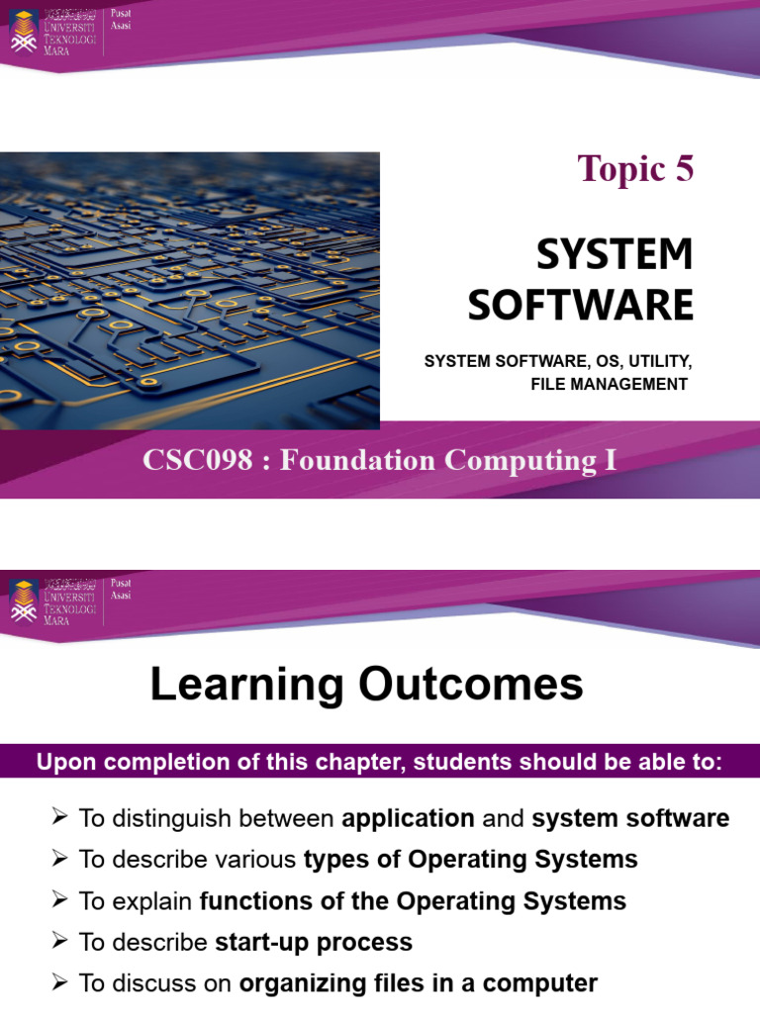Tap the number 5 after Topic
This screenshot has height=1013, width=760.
pos(685,170)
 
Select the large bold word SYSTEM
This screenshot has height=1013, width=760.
pos(615,255)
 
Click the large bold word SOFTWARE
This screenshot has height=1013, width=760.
pos(581,305)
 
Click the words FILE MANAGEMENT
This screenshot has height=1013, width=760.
pos(609,384)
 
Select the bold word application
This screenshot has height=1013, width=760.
pos(409,819)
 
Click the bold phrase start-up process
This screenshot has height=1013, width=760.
pos(314,942)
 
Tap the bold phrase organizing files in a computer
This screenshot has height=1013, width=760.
pos(419,983)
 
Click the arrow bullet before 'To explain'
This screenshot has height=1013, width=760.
pos(60,900)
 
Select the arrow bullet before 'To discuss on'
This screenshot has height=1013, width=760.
pos(60,982)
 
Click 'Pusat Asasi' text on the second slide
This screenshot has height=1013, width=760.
pos(121,590)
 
